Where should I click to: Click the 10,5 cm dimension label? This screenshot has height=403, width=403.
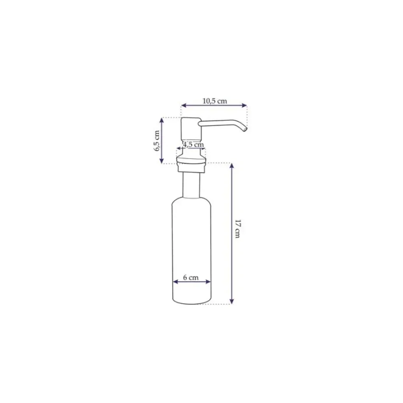215,101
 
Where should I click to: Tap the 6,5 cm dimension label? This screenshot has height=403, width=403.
157,141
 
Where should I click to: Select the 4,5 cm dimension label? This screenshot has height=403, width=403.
193,144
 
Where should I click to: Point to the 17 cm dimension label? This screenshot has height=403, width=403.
238,229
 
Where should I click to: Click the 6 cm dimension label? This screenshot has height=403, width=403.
191,278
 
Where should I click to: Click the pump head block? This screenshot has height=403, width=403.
191,129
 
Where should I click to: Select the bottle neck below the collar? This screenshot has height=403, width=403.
191,185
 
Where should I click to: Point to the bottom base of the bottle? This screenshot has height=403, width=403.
192,301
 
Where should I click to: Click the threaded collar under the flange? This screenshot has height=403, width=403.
191,168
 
